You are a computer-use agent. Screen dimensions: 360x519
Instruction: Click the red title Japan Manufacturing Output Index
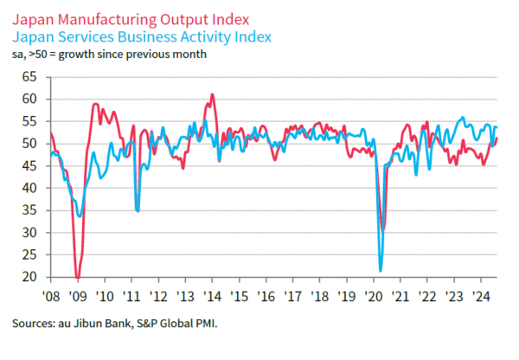click(x=131, y=18)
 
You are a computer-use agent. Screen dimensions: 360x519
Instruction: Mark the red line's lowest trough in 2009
click(x=77, y=278)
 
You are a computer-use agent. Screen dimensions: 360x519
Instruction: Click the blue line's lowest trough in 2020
click(x=381, y=271)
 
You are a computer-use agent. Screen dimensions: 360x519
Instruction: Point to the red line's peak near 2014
click(x=212, y=94)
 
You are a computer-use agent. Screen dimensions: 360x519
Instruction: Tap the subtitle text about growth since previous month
click(x=108, y=55)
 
